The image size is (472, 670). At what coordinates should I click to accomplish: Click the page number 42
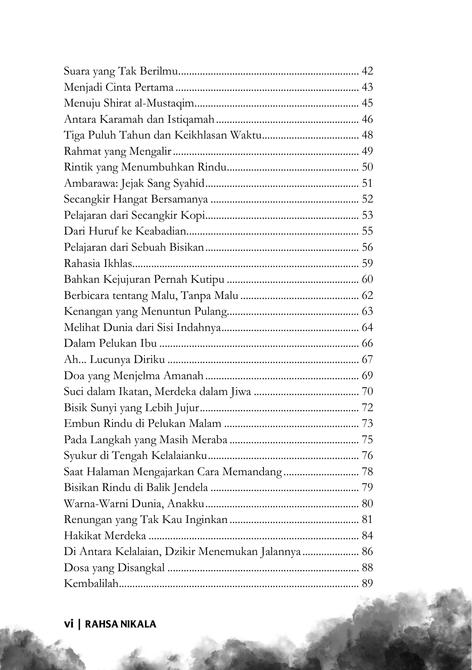pyautogui.click(x=367, y=72)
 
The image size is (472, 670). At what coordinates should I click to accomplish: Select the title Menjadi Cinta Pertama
pyautogui.click(x=119, y=87)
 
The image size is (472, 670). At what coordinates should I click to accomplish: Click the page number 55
pyautogui.click(x=367, y=232)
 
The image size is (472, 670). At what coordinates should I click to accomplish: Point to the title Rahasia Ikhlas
pyautogui.click(x=98, y=264)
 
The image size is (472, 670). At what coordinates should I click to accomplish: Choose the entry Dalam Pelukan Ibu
pyautogui.click(x=110, y=344)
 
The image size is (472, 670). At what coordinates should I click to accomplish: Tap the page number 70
pyautogui.click(x=367, y=392)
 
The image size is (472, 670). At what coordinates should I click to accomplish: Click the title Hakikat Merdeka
pyautogui.click(x=105, y=536)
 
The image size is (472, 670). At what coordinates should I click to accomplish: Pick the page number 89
pyautogui.click(x=367, y=584)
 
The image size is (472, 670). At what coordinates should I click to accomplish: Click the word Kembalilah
pyautogui.click(x=91, y=584)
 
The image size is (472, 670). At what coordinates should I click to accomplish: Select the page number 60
pyautogui.click(x=367, y=280)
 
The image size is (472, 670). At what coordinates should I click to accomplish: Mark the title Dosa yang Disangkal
pyautogui.click(x=114, y=568)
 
